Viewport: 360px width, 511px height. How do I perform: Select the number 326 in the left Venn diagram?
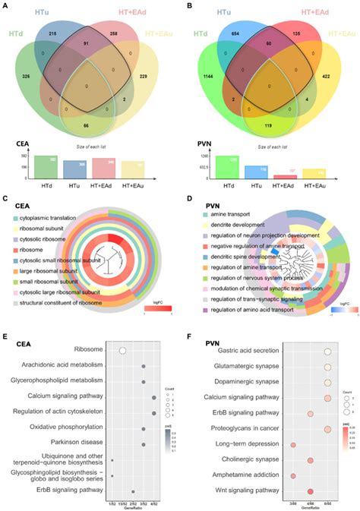(x=27, y=77)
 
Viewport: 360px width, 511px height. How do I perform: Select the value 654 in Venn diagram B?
(x=239, y=35)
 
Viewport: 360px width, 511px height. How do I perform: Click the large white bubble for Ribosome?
(x=122, y=350)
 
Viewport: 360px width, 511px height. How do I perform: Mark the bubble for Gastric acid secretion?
(x=327, y=352)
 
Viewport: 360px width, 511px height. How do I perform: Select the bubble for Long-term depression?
(x=293, y=445)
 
